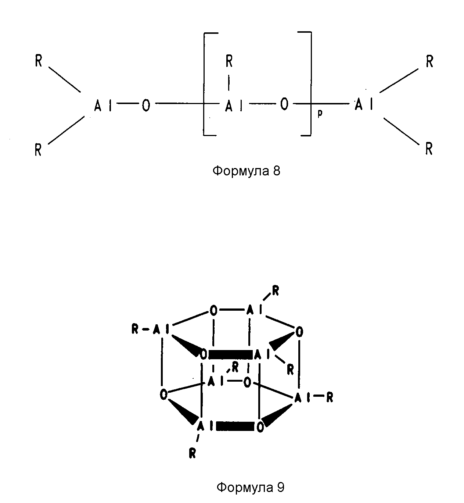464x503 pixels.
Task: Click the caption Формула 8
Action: tap(246, 171)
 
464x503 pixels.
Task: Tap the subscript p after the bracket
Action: tap(320, 115)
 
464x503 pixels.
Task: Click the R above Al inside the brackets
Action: tap(229, 61)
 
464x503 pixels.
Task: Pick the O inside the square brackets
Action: tap(284, 104)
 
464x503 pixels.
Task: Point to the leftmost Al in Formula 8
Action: tap(103, 105)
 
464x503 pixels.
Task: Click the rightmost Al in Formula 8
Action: tap(364, 104)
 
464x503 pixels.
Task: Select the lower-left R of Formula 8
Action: tap(38, 150)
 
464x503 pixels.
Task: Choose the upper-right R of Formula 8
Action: tap(429, 61)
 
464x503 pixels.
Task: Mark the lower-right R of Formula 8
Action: tap(429, 149)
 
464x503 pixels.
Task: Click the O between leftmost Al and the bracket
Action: tap(146, 105)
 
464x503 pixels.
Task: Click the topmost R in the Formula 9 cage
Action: tap(276, 291)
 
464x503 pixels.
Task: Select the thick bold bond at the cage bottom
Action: tap(235, 426)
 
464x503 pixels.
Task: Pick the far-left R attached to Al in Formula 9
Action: tap(135, 330)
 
